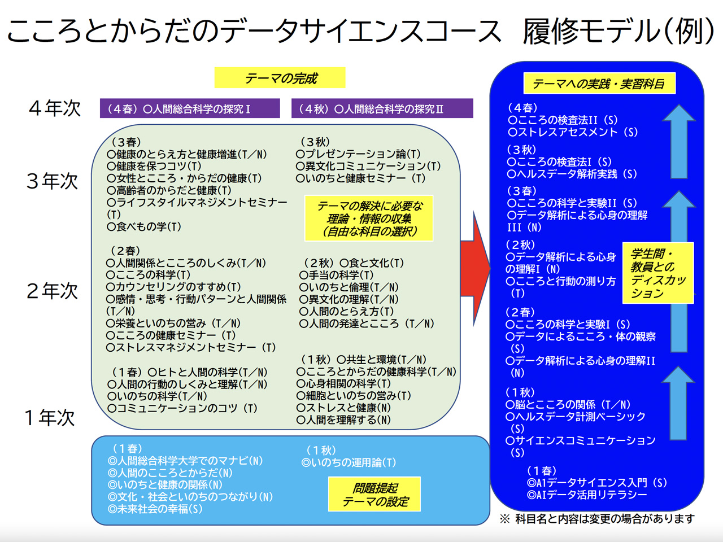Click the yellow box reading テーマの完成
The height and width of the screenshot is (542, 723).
coord(280,78)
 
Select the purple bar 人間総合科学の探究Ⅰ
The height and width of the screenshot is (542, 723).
coord(190,108)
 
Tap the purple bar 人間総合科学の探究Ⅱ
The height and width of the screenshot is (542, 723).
coord(382,108)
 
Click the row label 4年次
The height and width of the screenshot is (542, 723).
coord(55,108)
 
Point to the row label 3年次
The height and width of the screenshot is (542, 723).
coord(52,181)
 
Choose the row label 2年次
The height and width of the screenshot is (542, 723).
coord(52,291)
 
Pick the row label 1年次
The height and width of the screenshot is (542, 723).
coord(49,418)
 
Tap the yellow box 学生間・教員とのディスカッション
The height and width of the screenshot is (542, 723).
coord(657,273)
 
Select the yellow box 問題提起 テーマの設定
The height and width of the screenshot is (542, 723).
coord(374,495)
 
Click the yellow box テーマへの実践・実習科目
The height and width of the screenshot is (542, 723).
coord(599,84)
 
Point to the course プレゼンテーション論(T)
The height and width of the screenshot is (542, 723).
coord(359,154)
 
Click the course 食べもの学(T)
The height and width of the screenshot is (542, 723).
coord(145,226)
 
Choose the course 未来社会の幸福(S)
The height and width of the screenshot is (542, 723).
coord(155,509)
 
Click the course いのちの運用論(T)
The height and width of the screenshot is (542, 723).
coord(349,462)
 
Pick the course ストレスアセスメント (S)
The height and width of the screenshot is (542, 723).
coord(573,132)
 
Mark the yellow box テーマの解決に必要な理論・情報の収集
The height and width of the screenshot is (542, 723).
coord(369,218)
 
